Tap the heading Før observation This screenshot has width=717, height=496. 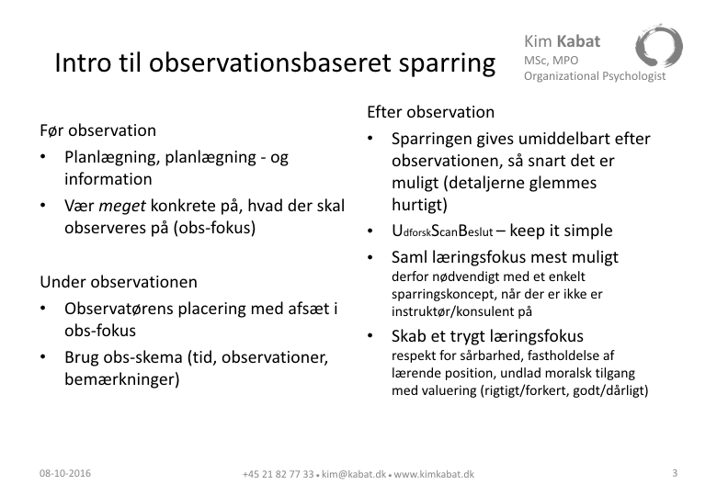[x=97, y=130]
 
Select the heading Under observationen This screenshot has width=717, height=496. [x=119, y=282]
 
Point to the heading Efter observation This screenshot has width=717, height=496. [x=431, y=112]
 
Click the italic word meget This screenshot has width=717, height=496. [x=122, y=207]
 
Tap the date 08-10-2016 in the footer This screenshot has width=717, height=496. [x=65, y=473]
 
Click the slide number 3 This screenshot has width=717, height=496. [x=675, y=473]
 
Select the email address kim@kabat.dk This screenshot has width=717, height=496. [x=354, y=474]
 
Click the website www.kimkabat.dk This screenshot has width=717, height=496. [x=434, y=474]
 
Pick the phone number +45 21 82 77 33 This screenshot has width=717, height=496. [x=278, y=474]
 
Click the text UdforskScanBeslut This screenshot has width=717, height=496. [x=443, y=231]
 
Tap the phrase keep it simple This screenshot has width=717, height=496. [x=561, y=231]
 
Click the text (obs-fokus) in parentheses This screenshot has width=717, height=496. [x=214, y=228]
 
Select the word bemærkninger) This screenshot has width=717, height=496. [x=122, y=379]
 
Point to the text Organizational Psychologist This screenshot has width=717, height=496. [x=595, y=76]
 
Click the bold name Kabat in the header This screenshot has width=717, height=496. [x=578, y=41]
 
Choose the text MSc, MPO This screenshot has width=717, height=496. [x=551, y=61]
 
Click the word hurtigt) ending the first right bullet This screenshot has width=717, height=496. [x=419, y=205]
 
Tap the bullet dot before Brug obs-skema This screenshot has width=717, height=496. [x=43, y=356]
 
